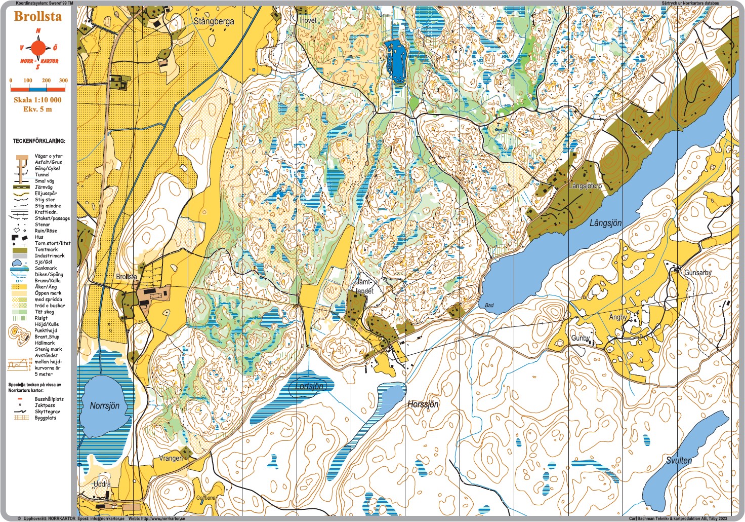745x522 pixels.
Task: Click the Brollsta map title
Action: pos(37,16)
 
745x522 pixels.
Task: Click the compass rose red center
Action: pos(38,49)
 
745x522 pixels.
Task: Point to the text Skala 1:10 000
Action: pos(37,100)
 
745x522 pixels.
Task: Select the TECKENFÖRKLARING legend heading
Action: pos(39,141)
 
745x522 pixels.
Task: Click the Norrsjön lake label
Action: pos(104,405)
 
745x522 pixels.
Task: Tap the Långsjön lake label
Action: pos(605,222)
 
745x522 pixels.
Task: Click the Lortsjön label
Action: pos(309,386)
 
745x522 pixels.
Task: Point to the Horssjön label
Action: pos(423,404)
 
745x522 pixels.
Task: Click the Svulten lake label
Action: pos(678,460)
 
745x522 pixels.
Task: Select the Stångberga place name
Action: pos(214,21)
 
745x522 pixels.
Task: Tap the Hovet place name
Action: pos(308,20)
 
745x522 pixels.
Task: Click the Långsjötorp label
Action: pos(585,186)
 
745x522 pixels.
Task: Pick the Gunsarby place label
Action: pos(697,273)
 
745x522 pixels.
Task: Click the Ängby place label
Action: pos(617,317)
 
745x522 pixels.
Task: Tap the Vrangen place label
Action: pos(171,458)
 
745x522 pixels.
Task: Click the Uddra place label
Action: pos(102,484)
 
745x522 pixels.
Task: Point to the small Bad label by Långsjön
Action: pos(489,305)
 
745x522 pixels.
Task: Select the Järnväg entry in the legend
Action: pos(43,187)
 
